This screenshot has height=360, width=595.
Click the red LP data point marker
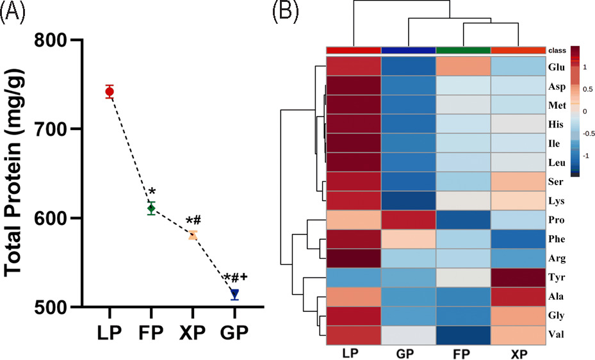[110, 92]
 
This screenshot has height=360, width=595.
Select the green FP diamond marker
[151, 208]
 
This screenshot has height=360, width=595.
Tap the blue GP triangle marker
[234, 293]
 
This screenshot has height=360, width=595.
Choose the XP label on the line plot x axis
[193, 334]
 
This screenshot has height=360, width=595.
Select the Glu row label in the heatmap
[557, 67]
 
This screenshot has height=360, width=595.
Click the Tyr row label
[557, 277]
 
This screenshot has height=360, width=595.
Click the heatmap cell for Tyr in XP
[518, 277]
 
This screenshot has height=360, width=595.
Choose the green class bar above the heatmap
[462, 50]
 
